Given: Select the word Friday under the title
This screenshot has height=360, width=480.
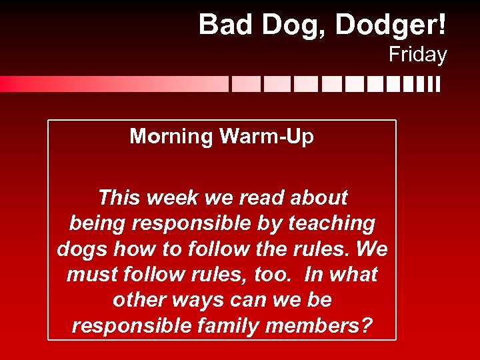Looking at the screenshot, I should [417, 55].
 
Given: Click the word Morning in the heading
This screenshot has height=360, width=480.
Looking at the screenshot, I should [171, 137].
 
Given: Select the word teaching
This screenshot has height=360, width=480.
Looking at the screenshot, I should [330, 223].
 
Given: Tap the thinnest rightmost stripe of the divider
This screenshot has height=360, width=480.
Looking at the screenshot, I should [438, 84].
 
